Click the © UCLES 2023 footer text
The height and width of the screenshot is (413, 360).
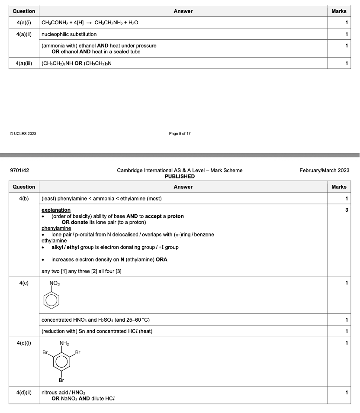[x=22, y=133]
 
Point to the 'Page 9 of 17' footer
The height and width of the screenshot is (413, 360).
[x=180, y=133]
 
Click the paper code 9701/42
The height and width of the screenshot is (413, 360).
[x=19, y=171]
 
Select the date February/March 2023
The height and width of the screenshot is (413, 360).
[x=324, y=171]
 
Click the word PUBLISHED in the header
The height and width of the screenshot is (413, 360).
[x=180, y=176]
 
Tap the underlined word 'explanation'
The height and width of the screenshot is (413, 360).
[x=56, y=210]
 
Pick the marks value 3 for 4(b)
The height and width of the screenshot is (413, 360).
[x=345, y=210]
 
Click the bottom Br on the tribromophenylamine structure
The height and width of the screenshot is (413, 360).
[x=62, y=380]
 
